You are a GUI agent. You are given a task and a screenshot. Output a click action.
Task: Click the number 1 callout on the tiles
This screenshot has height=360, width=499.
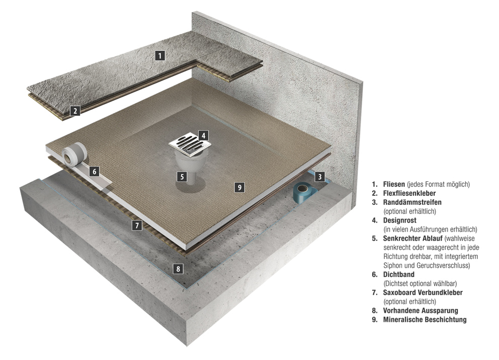pos(160,55)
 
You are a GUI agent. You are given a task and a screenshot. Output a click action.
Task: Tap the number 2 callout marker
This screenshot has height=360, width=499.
pos(75,111)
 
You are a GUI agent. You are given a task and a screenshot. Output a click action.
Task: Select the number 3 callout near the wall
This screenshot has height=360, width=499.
pos(320,177)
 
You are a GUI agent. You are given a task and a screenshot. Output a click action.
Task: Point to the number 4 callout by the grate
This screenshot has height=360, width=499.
pos(203,135)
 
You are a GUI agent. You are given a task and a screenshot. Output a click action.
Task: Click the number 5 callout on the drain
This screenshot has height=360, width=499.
pos(182,177)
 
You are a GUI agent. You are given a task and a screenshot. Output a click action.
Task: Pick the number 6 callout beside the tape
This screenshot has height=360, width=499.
pos(94,172)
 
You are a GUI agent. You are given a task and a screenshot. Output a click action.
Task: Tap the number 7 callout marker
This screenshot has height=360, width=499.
pos(137,226)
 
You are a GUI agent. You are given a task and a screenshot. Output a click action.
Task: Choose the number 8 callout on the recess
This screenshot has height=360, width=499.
pos(178,269)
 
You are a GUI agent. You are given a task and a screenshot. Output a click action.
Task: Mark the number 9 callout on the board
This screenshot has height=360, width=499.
pos(239,187)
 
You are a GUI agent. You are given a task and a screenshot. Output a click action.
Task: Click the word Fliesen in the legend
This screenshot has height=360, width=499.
pos(394,184)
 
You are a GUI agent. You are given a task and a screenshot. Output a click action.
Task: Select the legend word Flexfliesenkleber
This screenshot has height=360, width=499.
pos(409,193)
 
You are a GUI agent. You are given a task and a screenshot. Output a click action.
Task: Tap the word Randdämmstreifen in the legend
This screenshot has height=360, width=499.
pos(412,202)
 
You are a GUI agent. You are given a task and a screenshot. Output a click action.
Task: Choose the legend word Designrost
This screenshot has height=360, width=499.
pos(400,220)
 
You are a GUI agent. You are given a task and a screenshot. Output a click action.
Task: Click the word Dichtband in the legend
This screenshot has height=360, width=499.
pos(399,274)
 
